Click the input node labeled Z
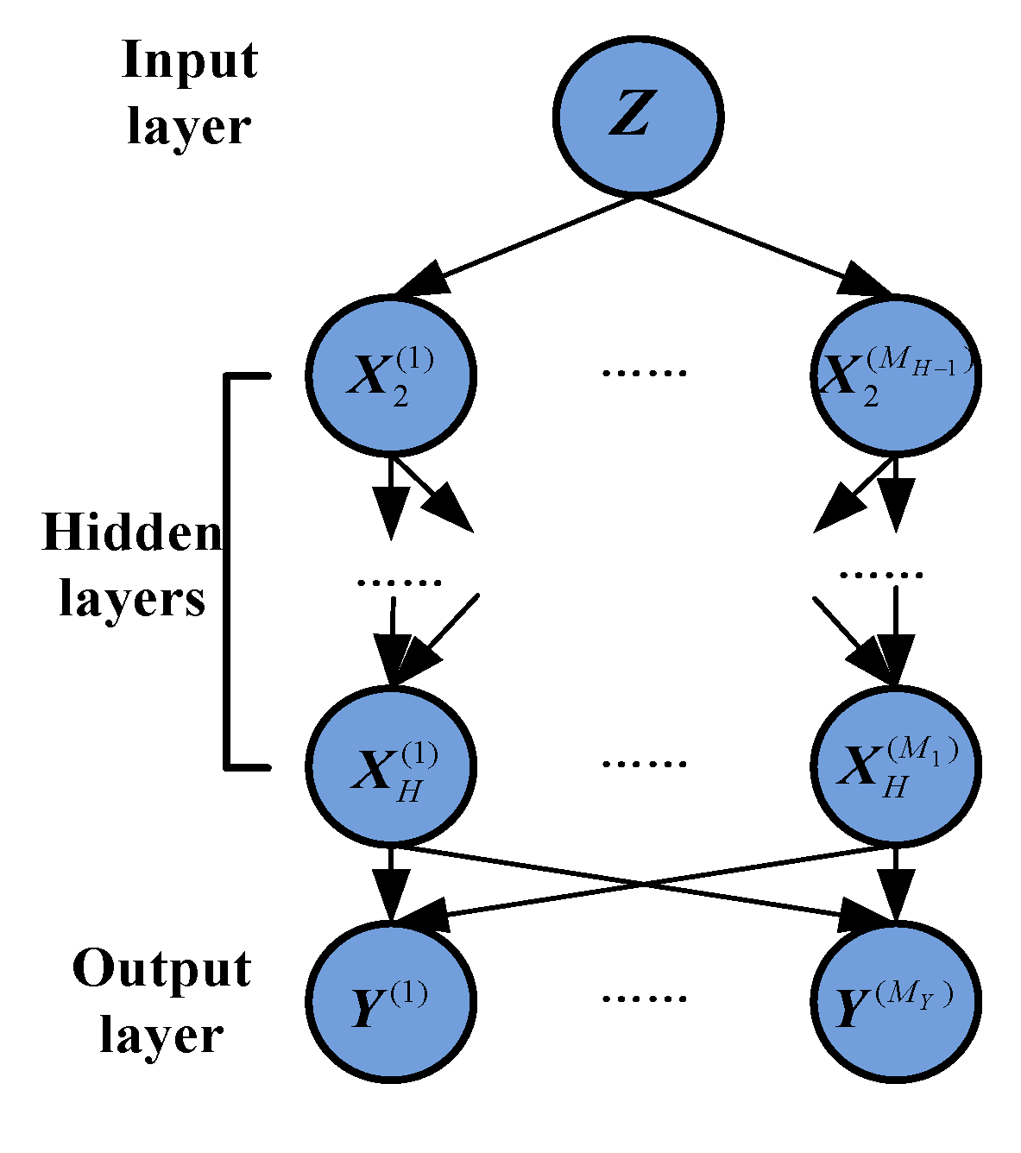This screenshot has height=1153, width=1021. (637, 118)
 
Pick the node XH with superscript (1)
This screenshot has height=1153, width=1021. (391, 765)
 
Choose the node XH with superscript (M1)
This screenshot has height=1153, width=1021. (895, 765)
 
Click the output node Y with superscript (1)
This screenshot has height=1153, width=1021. (391, 1001)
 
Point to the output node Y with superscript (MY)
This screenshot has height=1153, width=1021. (895, 1001)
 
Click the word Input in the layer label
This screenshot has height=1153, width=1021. (190, 62)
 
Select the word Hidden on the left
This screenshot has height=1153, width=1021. (132, 532)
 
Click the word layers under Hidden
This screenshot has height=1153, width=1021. (132, 598)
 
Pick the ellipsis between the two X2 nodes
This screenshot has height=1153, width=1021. (644, 374)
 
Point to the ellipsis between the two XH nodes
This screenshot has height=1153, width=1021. (644, 764)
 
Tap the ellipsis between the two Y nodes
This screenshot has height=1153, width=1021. (644, 999)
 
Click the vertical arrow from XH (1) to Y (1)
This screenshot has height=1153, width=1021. (391, 885)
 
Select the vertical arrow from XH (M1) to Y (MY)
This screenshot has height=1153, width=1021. (895, 885)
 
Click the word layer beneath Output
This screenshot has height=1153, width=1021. (162, 1036)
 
